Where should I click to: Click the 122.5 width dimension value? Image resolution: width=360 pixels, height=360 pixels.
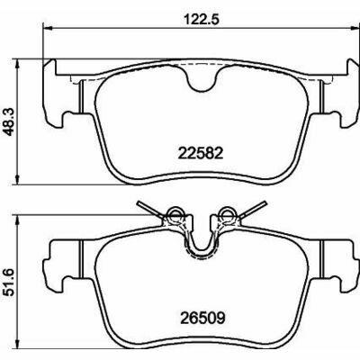[199, 19]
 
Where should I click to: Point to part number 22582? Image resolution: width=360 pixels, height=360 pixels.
[201, 154]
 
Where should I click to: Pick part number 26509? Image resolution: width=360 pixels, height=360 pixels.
[202, 318]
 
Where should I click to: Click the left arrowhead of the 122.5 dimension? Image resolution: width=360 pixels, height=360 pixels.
[48, 29]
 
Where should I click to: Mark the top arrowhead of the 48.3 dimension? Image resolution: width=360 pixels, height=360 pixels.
[17, 64]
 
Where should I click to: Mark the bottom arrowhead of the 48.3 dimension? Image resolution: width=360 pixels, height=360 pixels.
[17, 179]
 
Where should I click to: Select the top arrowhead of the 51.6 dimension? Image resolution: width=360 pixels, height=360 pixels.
[17, 220]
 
